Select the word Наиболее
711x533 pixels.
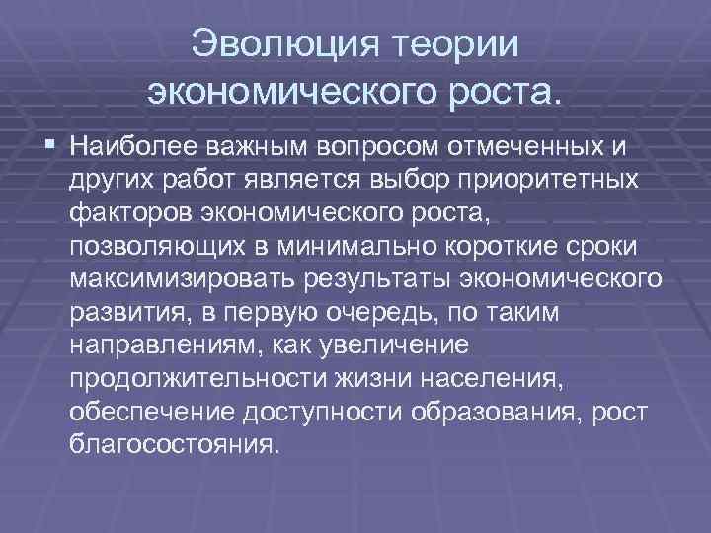click(133, 148)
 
